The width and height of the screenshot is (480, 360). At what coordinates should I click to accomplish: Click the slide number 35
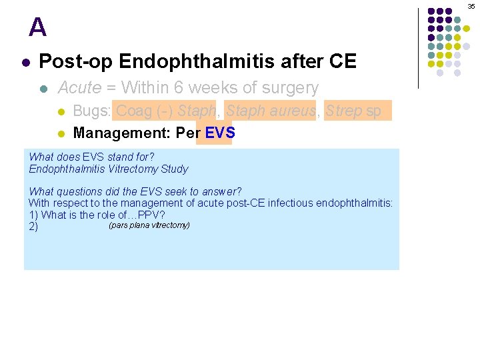coord(471,6)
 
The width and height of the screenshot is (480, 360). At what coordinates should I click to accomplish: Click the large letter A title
coord(38,28)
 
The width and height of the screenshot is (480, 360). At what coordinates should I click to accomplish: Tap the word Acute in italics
coord(80,87)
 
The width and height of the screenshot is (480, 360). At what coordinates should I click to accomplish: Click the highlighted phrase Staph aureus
coord(270,111)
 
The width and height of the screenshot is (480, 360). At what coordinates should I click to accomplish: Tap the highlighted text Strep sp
coord(353,111)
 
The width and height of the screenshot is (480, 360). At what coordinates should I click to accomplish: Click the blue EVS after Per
coord(219,133)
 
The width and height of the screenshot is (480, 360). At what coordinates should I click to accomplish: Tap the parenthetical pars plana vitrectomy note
coord(149,225)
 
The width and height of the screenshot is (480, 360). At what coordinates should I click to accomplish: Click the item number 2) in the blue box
coord(33,227)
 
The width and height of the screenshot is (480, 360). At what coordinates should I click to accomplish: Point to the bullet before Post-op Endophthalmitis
coord(25,63)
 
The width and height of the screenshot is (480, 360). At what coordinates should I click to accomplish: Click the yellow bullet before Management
coord(61,133)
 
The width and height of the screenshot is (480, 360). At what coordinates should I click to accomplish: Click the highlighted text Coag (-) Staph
coord(165,111)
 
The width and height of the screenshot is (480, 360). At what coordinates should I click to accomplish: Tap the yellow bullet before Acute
coord(44,88)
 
